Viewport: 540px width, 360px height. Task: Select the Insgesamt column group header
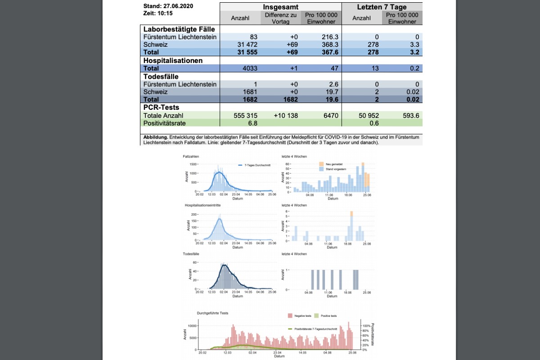pos(281,7)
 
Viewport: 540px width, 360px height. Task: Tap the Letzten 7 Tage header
pos(382,7)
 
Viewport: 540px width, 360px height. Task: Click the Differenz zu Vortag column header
pos(281,18)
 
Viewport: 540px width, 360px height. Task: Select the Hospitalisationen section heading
pos(173,60)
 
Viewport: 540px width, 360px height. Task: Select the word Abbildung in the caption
pos(156,137)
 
